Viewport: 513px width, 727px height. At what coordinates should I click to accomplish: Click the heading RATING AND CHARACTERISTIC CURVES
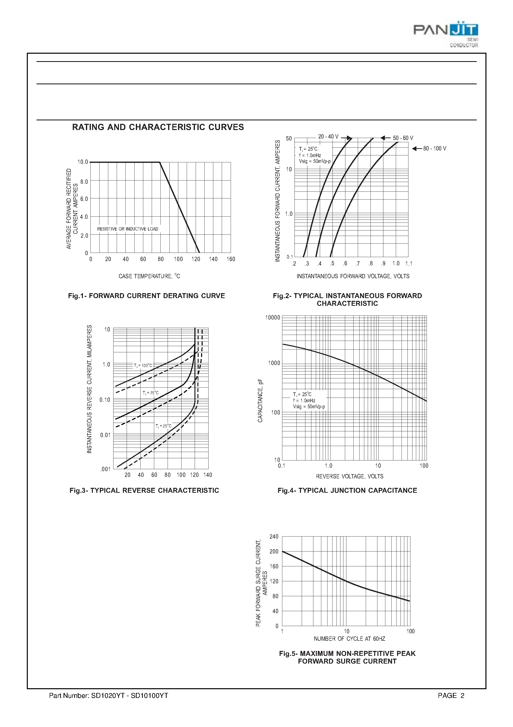pyautogui.click(x=158, y=127)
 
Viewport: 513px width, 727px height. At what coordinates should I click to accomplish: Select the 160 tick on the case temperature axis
pyautogui.click(x=231, y=259)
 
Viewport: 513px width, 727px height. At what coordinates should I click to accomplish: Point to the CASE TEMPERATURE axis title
pyautogui.click(x=149, y=276)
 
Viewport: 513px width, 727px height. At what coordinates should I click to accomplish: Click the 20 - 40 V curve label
pyautogui.click(x=328, y=136)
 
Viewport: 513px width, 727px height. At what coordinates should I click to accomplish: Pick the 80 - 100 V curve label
pyautogui.click(x=435, y=148)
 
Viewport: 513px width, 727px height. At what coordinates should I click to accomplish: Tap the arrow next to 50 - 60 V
pyautogui.click(x=385, y=138)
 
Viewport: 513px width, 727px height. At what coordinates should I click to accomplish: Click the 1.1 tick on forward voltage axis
pyautogui.click(x=409, y=264)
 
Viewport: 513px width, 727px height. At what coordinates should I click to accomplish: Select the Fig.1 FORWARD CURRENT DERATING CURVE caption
pyautogui.click(x=147, y=295)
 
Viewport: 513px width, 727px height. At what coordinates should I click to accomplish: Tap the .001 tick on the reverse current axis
pyautogui.click(x=105, y=469)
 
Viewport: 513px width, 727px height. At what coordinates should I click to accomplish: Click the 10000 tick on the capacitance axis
pyautogui.click(x=272, y=317)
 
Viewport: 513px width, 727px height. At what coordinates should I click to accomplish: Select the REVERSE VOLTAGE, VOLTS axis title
pyautogui.click(x=349, y=476)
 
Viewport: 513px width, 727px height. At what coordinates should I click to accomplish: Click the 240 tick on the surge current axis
pyautogui.click(x=274, y=536)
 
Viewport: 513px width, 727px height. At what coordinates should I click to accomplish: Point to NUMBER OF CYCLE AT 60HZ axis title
pyautogui.click(x=349, y=639)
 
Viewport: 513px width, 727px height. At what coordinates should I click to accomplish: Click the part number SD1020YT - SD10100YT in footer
pyautogui.click(x=109, y=695)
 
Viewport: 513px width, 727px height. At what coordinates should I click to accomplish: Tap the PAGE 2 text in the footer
pyautogui.click(x=451, y=695)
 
